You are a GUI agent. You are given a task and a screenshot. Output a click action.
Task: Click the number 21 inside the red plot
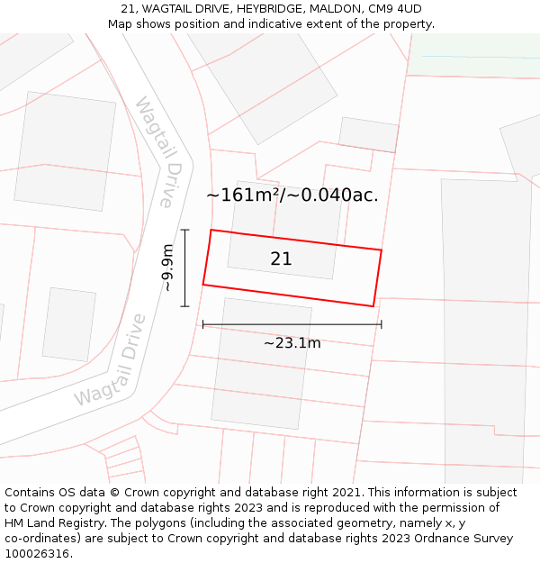[281, 259]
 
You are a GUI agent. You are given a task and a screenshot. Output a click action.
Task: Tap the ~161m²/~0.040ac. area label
[292, 195]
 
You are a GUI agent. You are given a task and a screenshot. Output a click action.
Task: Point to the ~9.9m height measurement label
[166, 268]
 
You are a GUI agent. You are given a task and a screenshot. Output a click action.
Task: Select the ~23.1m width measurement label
[292, 342]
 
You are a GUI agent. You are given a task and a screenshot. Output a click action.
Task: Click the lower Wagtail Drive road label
[111, 360]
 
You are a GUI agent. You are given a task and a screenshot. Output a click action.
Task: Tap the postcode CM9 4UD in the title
[394, 9]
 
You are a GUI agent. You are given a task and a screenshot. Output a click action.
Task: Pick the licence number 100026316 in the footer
[35, 554]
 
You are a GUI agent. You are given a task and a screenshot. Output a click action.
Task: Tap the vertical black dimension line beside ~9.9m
[184, 268]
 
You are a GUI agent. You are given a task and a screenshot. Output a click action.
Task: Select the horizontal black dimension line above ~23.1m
[292, 324]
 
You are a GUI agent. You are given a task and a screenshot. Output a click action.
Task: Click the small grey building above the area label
[368, 134]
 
